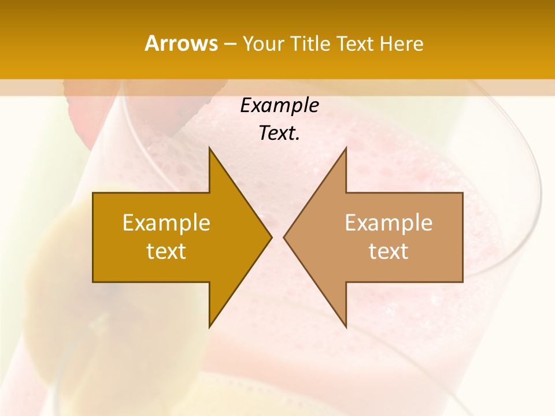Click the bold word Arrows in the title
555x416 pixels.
[182, 43]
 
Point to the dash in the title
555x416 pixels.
[230, 44]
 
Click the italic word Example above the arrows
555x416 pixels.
[279, 105]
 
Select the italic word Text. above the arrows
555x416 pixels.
[279, 133]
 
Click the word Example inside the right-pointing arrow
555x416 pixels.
[166, 222]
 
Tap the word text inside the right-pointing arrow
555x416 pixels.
[166, 251]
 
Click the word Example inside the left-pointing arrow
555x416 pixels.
[388, 222]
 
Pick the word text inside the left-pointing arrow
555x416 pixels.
[388, 251]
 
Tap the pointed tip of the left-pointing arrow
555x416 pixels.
[285, 237]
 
